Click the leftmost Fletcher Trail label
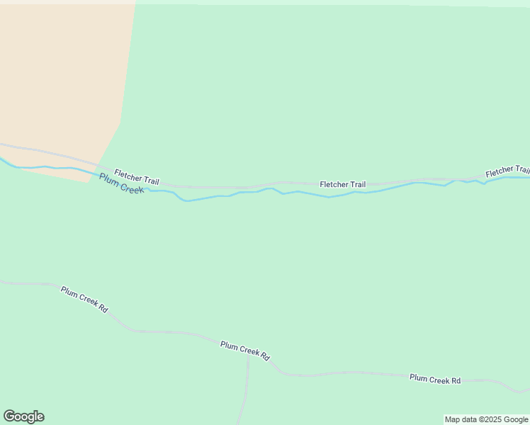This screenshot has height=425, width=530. click(x=137, y=177)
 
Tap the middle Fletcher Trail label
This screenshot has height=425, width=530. click(x=342, y=184)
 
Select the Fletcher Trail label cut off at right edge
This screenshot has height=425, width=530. click(x=507, y=171)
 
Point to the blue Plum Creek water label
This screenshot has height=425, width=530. click(x=121, y=183)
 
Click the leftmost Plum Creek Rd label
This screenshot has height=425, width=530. click(x=84, y=300)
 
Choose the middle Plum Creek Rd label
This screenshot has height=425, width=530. click(x=245, y=351)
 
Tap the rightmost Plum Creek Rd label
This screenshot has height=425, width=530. click(x=435, y=380)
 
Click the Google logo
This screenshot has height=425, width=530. click(x=23, y=416)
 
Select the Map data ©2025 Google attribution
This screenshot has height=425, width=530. click(x=486, y=419)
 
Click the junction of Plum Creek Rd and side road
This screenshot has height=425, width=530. click(x=248, y=355)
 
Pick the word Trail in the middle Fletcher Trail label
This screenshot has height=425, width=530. click(x=356, y=184)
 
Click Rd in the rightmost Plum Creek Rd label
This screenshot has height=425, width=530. click(x=456, y=380)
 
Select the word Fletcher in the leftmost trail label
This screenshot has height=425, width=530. click(x=128, y=175)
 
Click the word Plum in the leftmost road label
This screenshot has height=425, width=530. click(x=69, y=292)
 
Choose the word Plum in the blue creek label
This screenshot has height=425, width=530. click(x=108, y=178)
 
